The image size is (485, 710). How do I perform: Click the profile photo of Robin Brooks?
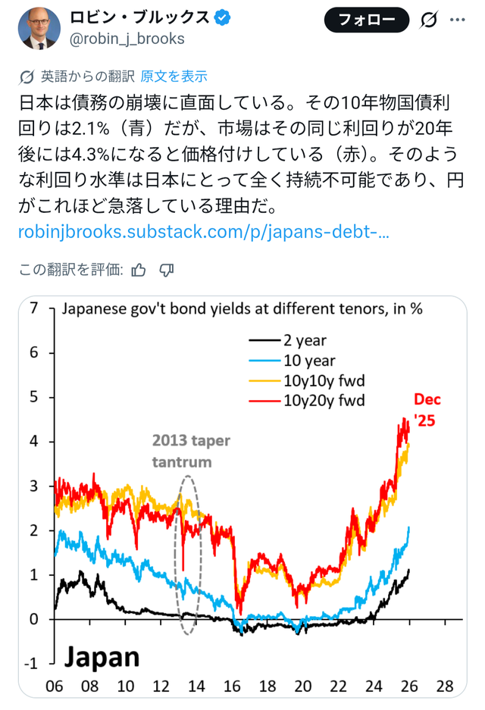click(x=39, y=28)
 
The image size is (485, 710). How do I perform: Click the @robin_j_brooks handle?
click(x=127, y=39)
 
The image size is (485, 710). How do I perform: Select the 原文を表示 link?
click(x=174, y=77)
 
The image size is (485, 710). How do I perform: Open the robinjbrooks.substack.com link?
click(x=204, y=232)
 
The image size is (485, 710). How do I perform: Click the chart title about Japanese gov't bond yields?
click(x=241, y=309)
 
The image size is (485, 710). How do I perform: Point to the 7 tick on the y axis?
click(x=33, y=308)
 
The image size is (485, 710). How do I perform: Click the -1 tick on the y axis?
click(x=30, y=664)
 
